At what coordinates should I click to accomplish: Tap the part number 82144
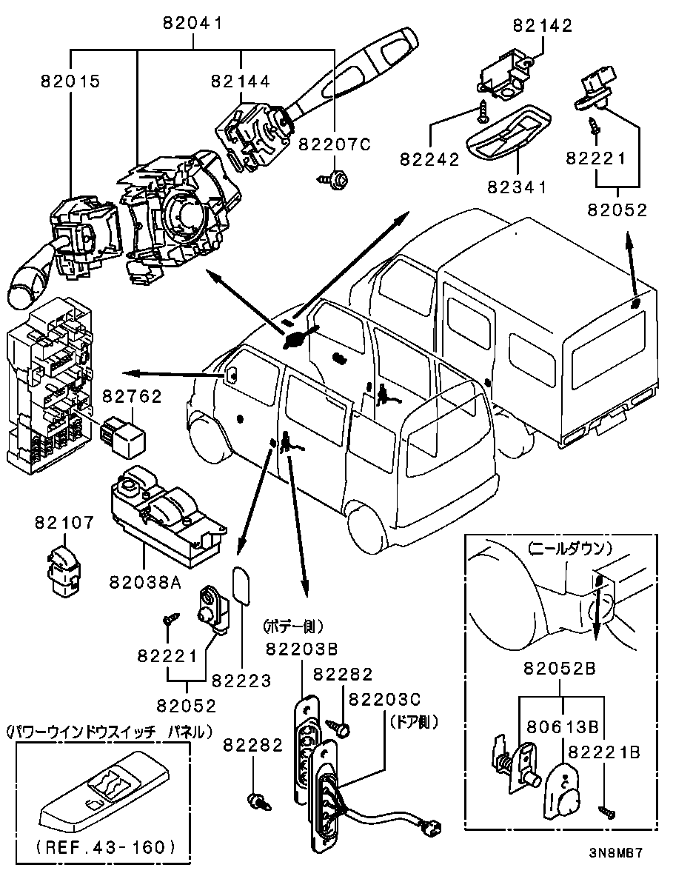(240, 81)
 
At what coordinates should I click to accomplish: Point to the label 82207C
(334, 145)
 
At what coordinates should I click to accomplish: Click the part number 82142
(543, 26)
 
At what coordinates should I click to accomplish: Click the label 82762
(132, 397)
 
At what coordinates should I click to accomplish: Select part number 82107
(64, 523)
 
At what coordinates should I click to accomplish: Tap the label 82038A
(145, 583)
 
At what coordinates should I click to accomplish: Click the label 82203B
(301, 649)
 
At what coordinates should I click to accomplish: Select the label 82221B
(602, 752)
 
